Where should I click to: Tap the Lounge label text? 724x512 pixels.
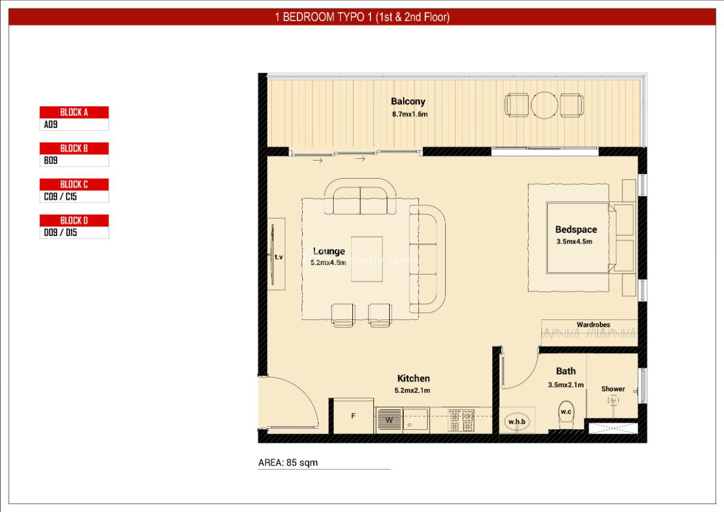click(329, 251)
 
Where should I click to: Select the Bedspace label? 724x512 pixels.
click(576, 229)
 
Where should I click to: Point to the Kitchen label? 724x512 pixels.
click(413, 379)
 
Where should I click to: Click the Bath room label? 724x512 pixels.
click(565, 371)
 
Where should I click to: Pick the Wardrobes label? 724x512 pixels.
click(593, 325)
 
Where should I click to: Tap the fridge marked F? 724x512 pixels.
click(353, 415)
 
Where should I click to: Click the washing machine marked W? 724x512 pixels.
click(389, 420)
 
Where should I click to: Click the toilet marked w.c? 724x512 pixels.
click(565, 412)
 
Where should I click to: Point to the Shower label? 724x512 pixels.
click(612, 389)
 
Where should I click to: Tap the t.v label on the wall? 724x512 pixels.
click(279, 257)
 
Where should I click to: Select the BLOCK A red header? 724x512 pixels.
click(74, 112)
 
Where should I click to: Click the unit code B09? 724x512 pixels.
click(51, 161)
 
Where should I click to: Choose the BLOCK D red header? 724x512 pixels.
click(74, 220)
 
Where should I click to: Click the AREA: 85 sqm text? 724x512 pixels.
click(288, 463)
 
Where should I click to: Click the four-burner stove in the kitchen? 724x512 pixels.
click(461, 420)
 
